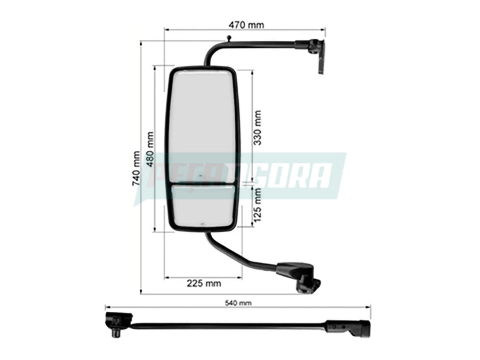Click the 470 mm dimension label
(x=246, y=25)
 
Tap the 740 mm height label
(x=136, y=168)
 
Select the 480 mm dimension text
(x=150, y=149)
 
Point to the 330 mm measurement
(x=257, y=128)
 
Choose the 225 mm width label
(x=204, y=284)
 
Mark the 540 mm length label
(x=238, y=303)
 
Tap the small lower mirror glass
(x=203, y=206)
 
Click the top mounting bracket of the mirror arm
(x=316, y=52)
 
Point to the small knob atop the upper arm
(x=228, y=38)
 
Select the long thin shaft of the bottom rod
(x=228, y=326)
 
